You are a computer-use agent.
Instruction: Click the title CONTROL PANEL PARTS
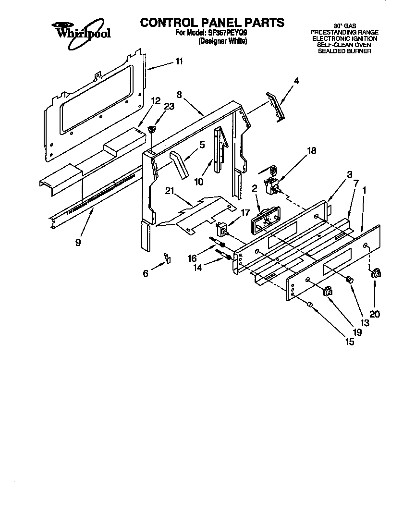212,23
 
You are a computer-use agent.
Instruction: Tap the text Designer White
222,41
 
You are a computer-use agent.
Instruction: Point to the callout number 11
179,61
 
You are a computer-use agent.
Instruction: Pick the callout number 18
311,151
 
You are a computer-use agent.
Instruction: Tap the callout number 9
77,243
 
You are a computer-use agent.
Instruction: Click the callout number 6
146,273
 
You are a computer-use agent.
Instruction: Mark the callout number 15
349,342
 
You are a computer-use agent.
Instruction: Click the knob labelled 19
328,290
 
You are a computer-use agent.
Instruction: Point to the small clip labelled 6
168,258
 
